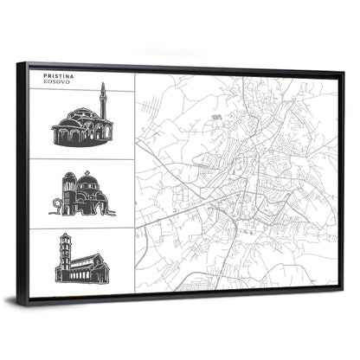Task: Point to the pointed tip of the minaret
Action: (x=103, y=83)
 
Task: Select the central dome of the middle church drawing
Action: (x=88, y=183)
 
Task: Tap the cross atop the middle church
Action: (x=88, y=171)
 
